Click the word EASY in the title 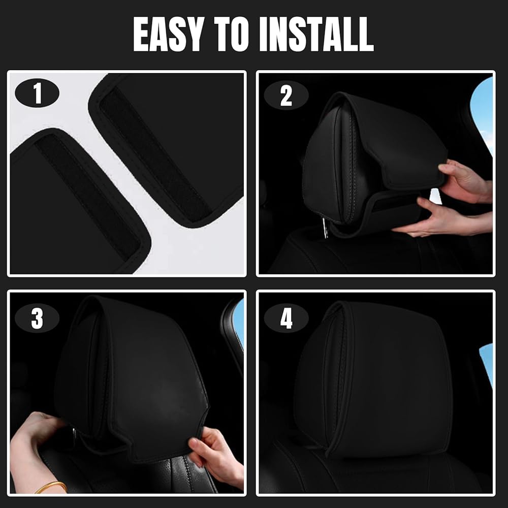pos(169,34)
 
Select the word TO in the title pos(231,34)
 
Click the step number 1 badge pos(37,93)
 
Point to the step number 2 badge pos(286,96)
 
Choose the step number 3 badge pos(37,318)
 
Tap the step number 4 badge pos(286,319)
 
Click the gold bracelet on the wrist pos(52,486)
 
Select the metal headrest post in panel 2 pos(324,228)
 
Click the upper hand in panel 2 pos(465,181)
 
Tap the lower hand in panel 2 pos(444,218)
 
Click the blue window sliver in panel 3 pos(240,319)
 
